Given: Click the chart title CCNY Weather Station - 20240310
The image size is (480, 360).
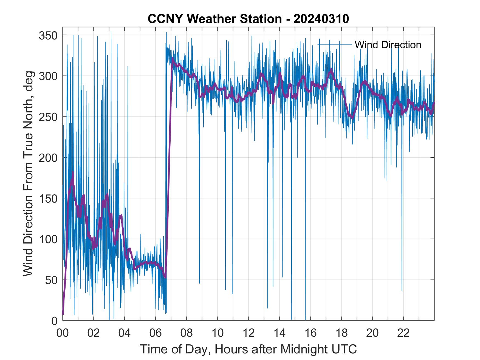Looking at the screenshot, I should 248,19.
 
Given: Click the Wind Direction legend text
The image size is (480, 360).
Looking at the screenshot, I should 388,45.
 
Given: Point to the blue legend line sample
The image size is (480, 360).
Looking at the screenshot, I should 335,44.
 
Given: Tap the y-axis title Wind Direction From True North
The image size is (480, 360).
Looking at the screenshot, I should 28,174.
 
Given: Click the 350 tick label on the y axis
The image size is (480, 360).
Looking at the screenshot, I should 48,35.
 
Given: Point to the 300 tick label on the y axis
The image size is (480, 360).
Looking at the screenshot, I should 48,76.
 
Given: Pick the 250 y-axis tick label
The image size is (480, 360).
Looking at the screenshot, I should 48,117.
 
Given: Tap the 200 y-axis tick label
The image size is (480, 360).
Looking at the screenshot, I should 48,158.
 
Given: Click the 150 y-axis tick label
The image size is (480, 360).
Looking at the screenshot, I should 48,199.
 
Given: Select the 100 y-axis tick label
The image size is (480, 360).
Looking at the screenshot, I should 48,239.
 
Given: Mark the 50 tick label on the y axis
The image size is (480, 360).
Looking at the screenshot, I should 51,280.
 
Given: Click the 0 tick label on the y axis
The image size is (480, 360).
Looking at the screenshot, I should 55,321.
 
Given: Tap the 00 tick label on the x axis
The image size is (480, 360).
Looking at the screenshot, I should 63,333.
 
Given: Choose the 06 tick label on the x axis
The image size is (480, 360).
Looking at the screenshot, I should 156,333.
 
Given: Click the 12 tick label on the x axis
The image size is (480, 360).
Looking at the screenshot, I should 249,333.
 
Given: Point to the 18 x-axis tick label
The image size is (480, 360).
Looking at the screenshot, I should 341,333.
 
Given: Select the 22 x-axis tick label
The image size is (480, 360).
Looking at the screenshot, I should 403,333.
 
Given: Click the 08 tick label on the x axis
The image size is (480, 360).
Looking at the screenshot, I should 187,333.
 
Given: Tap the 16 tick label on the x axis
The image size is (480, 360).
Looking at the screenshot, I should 310,333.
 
